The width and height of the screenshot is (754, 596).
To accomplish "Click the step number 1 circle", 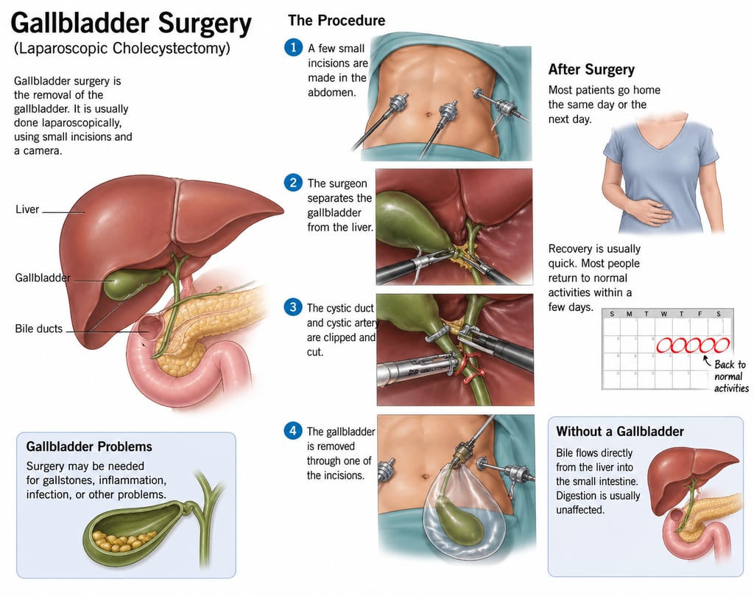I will [x=293, y=47].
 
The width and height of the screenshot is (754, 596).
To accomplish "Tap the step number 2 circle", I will [x=293, y=183].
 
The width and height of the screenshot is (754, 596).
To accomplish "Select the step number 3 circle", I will [x=293, y=307].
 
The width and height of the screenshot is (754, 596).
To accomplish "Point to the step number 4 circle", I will [x=293, y=430].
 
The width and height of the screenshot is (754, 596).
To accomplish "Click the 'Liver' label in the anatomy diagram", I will [x=27, y=210].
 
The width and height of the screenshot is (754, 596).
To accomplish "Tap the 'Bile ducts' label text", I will [x=39, y=329].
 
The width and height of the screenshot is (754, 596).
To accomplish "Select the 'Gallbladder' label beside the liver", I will [x=43, y=278].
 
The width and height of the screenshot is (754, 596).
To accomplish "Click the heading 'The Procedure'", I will [x=336, y=21].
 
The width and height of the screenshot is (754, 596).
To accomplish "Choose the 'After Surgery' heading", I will [x=591, y=70].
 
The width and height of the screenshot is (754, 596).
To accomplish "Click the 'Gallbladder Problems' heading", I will [x=89, y=446].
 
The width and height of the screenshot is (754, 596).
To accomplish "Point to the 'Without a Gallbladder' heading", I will [x=620, y=432].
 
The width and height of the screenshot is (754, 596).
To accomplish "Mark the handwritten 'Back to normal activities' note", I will [x=730, y=376].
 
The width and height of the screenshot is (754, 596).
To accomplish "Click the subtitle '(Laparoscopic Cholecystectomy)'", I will [x=122, y=49].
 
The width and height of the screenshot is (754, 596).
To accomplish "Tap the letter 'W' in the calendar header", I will [x=664, y=314].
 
